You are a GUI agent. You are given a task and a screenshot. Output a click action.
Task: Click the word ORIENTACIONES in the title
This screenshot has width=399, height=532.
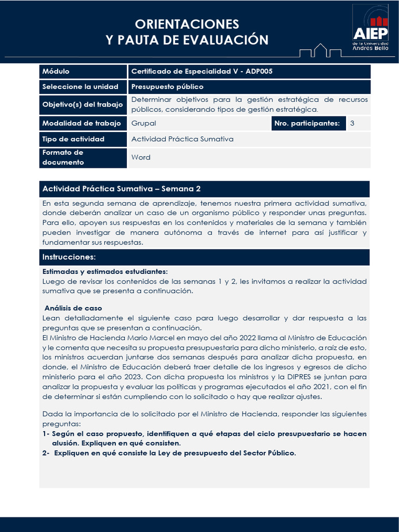click(x=187, y=24)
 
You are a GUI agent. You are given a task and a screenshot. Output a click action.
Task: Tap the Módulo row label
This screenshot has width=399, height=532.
click(x=56, y=72)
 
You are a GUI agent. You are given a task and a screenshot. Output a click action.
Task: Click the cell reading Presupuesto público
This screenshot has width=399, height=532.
click(x=167, y=87)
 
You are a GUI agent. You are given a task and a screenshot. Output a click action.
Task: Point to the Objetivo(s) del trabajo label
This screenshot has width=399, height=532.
click(x=83, y=104)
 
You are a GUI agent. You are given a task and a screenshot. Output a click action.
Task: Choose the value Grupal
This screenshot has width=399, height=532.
click(x=143, y=123)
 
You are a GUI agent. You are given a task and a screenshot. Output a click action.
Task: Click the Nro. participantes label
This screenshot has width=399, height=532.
click(x=307, y=123)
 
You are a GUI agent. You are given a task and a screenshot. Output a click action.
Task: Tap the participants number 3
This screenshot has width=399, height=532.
click(x=352, y=123)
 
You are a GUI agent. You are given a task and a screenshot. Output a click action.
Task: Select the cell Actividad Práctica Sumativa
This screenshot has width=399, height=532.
click(x=182, y=139)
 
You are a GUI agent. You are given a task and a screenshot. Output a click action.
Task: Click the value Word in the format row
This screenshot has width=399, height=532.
click(x=141, y=157)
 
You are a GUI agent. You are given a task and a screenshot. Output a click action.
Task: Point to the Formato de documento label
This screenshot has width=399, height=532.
click(x=63, y=157)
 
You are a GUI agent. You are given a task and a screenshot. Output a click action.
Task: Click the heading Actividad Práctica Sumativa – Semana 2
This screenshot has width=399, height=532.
click(x=122, y=189)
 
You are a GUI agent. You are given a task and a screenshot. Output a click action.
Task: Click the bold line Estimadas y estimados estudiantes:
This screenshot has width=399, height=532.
click(x=105, y=272)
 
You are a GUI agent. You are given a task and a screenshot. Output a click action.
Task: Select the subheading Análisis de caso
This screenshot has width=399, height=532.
click(x=73, y=308)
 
